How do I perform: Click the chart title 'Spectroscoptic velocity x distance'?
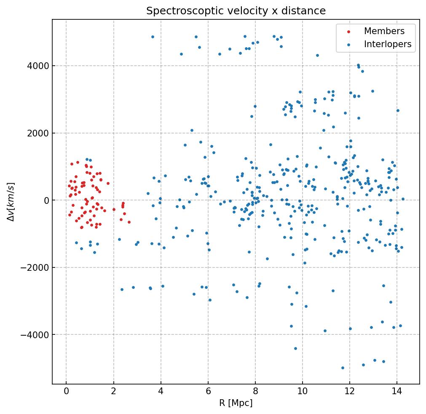(x=236, y=11)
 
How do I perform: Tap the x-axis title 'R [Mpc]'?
(x=236, y=403)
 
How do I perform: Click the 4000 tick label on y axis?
(x=38, y=66)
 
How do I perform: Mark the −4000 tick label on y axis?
(x=35, y=335)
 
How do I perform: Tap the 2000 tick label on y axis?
(x=38, y=133)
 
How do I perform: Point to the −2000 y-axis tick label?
(x=35, y=268)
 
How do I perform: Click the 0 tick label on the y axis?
(x=46, y=200)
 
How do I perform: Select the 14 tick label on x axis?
(x=397, y=392)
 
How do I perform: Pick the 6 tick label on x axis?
(x=208, y=392)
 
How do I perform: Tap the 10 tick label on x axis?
(x=302, y=392)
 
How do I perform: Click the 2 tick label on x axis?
(x=113, y=392)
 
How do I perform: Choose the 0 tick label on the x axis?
(x=66, y=392)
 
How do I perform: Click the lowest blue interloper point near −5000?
(x=343, y=368)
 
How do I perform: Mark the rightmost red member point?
(x=129, y=222)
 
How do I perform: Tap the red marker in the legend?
(x=348, y=32)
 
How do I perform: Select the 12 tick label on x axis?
(x=349, y=392)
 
